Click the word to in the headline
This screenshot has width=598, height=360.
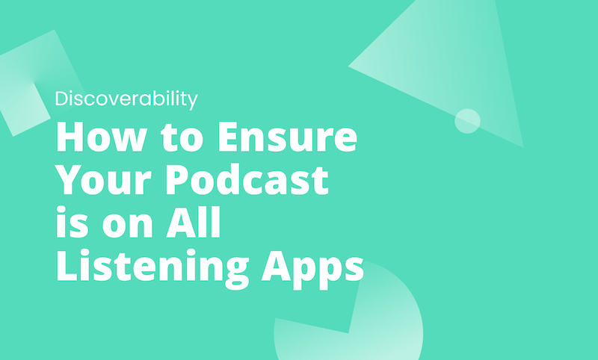pyautogui.click(x=176, y=139)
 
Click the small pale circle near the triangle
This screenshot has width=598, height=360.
pyautogui.click(x=467, y=121)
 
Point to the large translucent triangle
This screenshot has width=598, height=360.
pyautogui.click(x=449, y=67)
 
